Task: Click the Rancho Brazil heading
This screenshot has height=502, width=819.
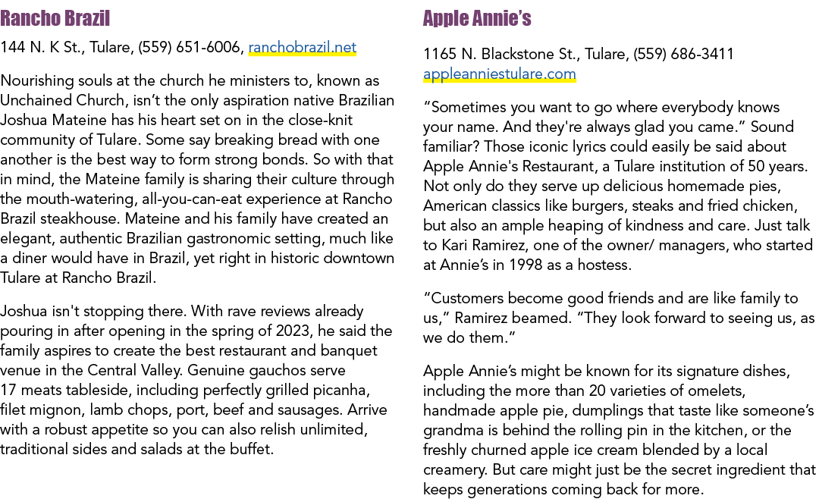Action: click(x=55, y=18)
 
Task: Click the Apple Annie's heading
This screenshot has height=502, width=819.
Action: click(x=477, y=18)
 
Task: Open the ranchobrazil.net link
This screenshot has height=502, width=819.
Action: click(x=303, y=48)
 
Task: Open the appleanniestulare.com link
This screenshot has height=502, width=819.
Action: click(x=499, y=74)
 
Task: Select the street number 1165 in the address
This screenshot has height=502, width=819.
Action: click(x=440, y=54)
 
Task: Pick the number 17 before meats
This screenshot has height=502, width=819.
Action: click(x=8, y=391)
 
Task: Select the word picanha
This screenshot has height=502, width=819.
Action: click(x=341, y=391)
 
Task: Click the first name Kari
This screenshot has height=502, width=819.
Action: click(x=454, y=245)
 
